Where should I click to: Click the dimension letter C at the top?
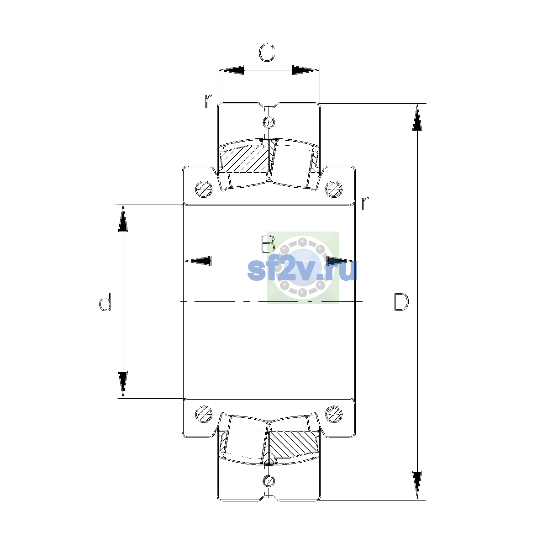click(266, 53)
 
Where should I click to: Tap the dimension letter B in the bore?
click(268, 244)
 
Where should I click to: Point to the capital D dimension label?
click(401, 302)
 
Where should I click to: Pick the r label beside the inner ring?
click(365, 203)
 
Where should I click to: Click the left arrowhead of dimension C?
click(232, 70)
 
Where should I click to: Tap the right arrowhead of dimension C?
click(306, 70)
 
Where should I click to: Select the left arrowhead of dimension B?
click(197, 261)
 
